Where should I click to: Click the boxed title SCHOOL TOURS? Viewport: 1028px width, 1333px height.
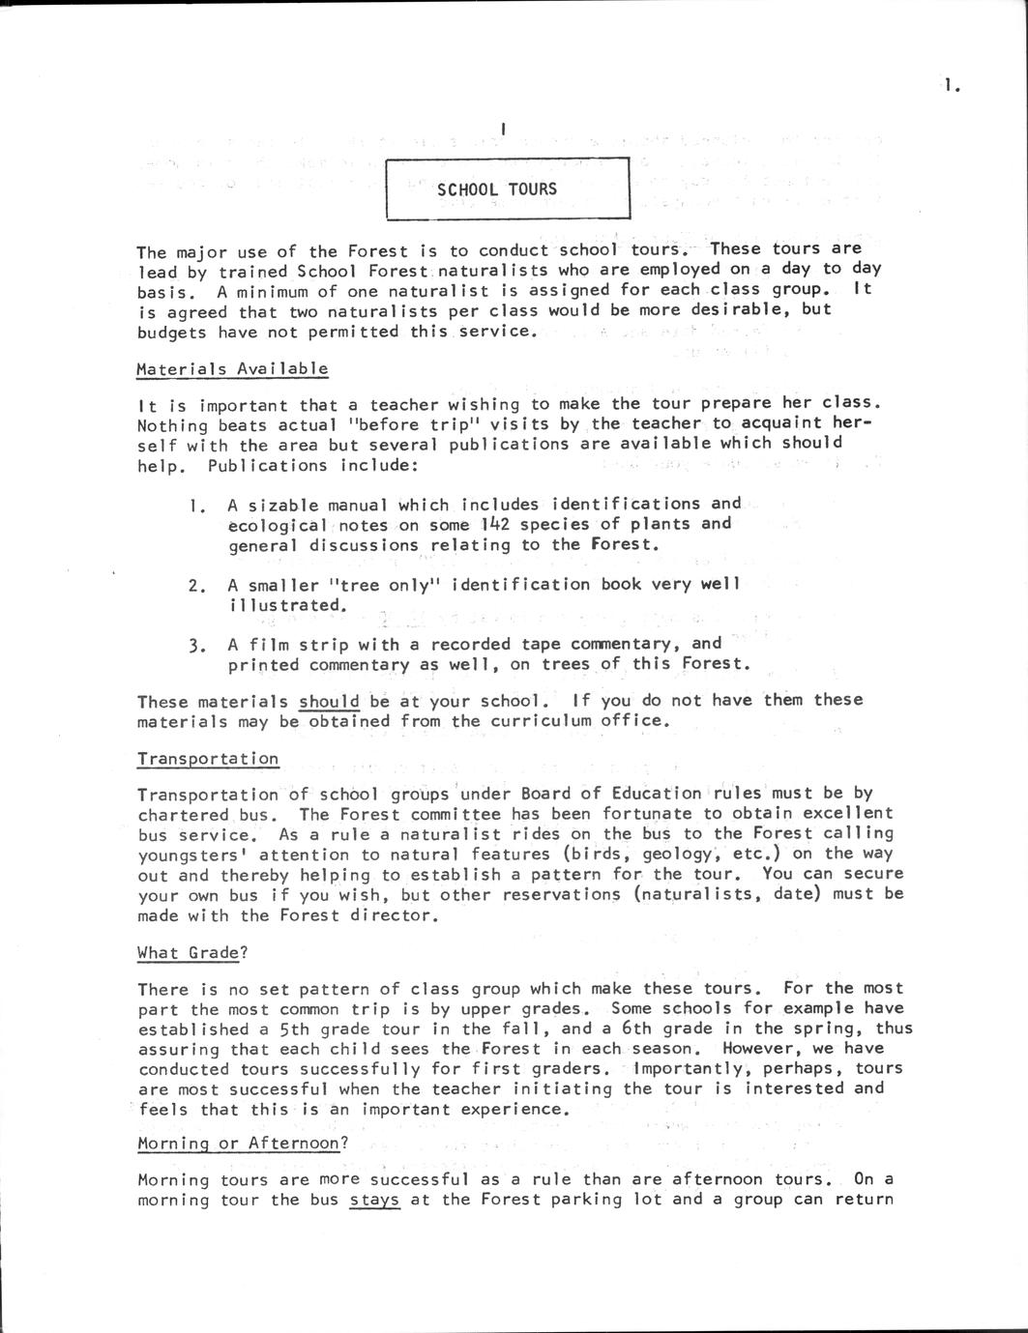coord(497,188)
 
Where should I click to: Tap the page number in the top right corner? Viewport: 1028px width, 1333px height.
coord(952,86)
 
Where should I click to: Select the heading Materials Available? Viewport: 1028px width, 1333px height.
coord(232,368)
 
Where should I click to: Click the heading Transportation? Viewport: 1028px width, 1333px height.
coord(208,759)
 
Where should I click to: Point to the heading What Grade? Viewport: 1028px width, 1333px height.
coord(192,952)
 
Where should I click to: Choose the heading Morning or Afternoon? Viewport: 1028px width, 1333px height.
coord(242,1143)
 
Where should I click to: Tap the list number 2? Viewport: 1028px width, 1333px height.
coord(196,585)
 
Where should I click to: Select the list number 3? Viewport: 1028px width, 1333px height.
coord(196,645)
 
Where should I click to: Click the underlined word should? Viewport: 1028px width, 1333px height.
coord(329,701)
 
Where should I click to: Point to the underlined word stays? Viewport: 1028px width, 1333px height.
coord(374,1200)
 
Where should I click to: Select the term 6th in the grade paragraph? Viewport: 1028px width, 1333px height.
coord(642,1029)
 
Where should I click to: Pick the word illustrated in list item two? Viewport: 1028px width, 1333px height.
coord(286,605)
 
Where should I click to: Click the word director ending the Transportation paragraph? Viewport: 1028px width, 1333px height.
coord(397,914)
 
